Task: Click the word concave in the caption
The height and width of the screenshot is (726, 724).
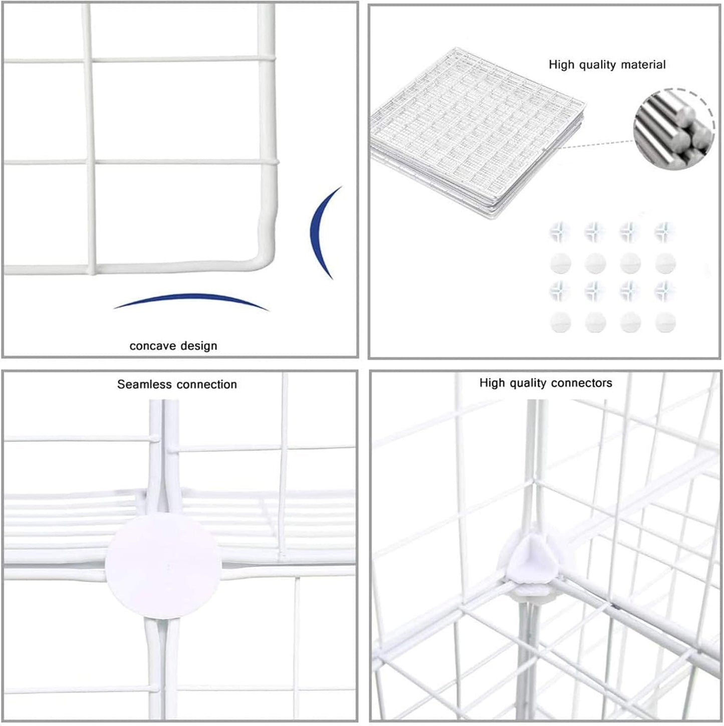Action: click(150, 346)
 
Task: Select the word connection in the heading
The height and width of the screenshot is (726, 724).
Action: click(207, 384)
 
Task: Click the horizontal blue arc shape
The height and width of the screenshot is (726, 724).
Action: click(190, 301)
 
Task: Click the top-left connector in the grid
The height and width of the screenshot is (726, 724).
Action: click(560, 231)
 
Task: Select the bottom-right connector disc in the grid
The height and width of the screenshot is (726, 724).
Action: click(665, 323)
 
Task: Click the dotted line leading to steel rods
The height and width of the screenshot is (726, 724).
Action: click(594, 145)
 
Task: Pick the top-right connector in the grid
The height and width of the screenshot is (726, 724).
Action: click(665, 231)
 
